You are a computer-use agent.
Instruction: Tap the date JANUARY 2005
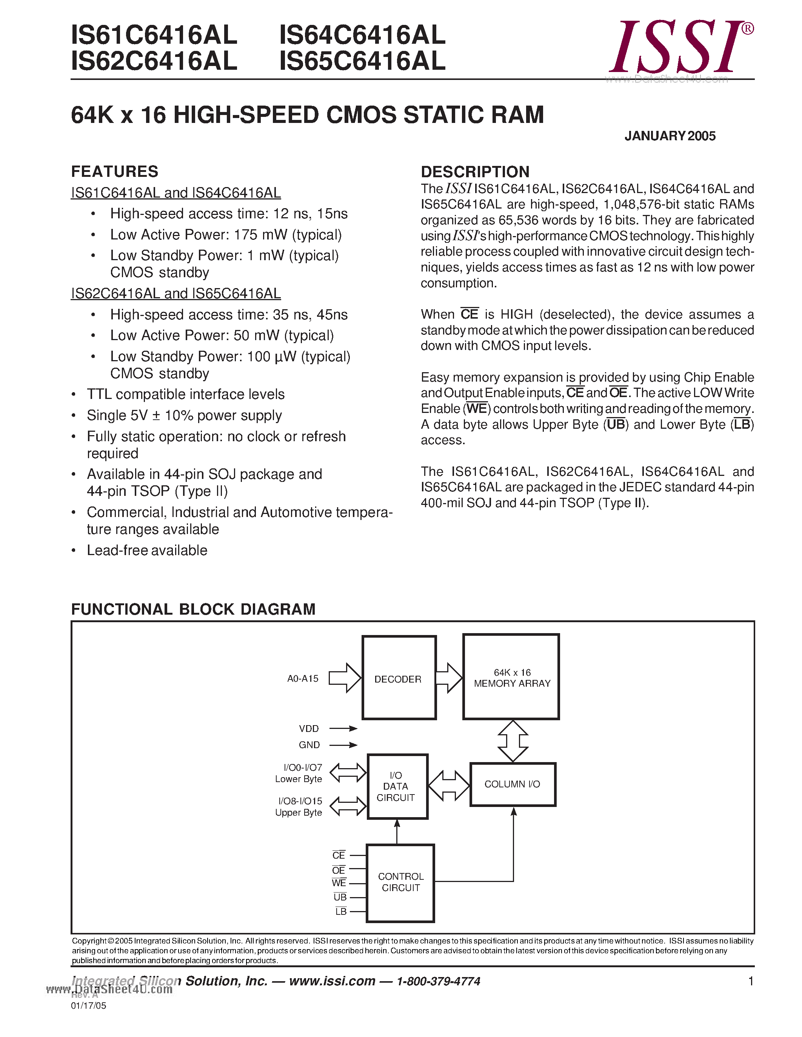coord(670,136)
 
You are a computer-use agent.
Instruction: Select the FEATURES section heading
coord(114,172)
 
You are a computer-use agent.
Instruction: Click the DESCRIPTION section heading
coord(475,172)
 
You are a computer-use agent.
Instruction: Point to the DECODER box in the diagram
coord(399,679)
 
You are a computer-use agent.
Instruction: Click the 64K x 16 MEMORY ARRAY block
coord(511,678)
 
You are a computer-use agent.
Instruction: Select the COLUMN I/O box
coord(512,784)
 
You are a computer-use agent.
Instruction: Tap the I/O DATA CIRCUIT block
coord(397,786)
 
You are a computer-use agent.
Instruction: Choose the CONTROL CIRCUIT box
coord(400,882)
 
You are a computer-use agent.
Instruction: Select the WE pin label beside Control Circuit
coord(339,883)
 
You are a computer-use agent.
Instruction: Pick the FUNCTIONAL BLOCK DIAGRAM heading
coord(193,609)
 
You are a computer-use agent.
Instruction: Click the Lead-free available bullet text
coord(147,550)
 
